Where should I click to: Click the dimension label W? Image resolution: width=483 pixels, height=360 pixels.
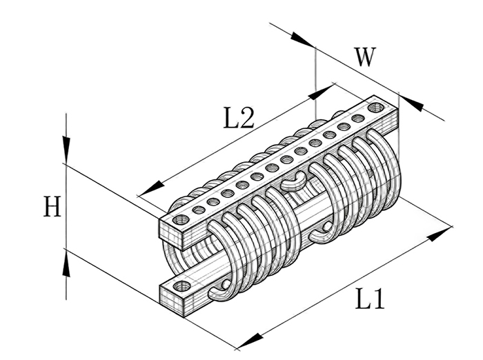365,57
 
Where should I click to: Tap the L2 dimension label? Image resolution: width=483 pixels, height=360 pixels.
239,117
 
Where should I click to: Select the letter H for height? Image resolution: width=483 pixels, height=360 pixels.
52,206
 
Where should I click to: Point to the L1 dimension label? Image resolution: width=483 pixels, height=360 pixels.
370,299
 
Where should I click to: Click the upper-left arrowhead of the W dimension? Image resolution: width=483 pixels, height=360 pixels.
302,39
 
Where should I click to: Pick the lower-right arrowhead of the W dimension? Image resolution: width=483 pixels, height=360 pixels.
411,103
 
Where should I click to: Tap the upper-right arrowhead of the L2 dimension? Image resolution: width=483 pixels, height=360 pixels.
322,92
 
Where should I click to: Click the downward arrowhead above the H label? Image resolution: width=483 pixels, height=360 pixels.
66,150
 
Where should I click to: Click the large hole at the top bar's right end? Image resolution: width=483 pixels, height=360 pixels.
376,107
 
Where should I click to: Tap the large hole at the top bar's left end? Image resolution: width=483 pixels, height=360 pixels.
181,219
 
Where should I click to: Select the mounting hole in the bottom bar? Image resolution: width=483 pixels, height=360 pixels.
181,286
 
